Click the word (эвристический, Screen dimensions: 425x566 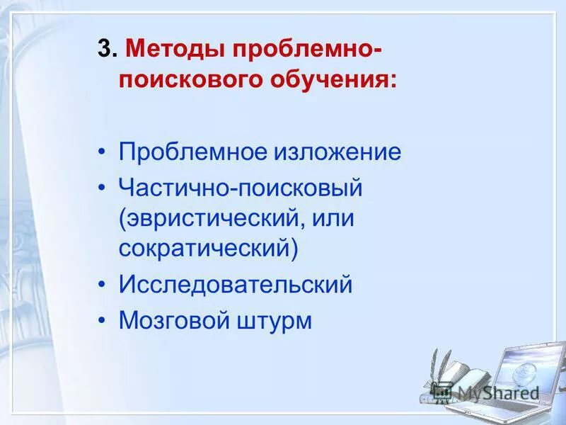tap(212, 217)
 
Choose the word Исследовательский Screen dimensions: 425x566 tap(235, 285)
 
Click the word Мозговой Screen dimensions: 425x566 tap(171, 320)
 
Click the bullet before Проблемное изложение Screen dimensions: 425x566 tap(103, 153)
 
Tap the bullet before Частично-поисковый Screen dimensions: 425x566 tap(103, 188)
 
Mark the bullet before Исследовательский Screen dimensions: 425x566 tap(103, 285)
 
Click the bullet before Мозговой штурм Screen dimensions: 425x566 tap(103, 320)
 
